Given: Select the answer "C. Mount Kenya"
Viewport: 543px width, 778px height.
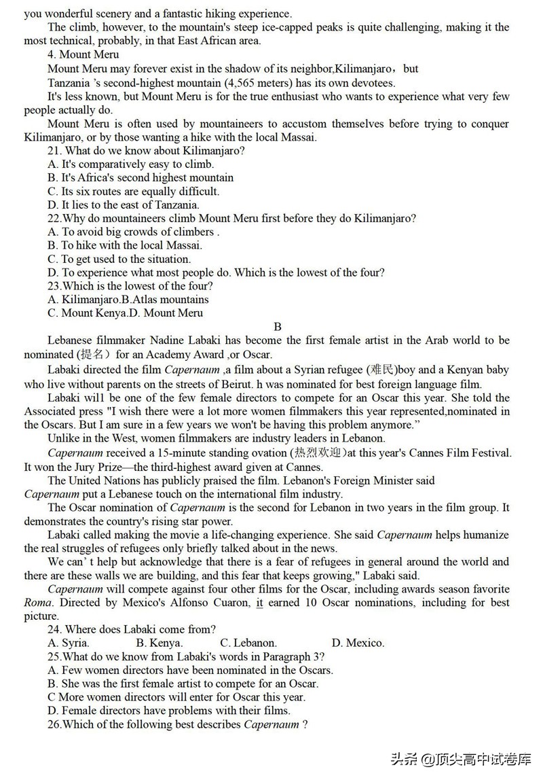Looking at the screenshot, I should (x=88, y=313).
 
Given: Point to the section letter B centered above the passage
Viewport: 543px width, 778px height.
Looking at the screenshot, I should (x=278, y=327).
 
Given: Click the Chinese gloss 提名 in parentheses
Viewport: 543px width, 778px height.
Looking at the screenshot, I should (x=98, y=354).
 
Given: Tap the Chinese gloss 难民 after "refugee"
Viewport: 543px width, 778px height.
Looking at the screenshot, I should (x=383, y=370).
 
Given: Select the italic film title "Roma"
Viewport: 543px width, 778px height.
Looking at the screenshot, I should (x=37, y=603).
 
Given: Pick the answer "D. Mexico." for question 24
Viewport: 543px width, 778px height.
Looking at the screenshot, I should (x=358, y=643).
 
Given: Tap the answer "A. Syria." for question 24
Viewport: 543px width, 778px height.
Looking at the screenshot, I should (x=69, y=643).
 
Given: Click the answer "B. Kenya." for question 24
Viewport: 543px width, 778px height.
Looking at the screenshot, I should (x=160, y=643).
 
